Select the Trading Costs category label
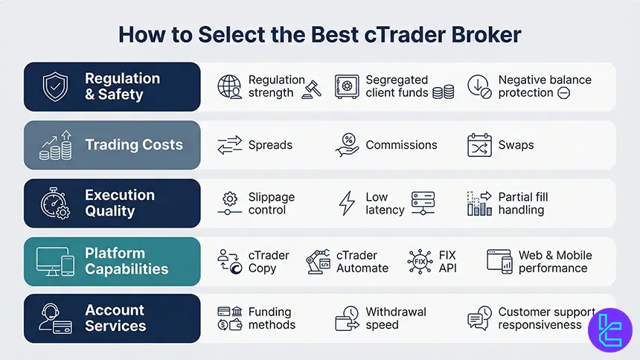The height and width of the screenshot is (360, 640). point(134,145)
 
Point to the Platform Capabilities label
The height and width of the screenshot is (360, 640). point(127,261)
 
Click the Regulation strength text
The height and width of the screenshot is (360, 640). point(276,86)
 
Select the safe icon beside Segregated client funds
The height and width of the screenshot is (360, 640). point(347,86)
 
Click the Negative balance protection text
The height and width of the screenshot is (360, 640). point(544,86)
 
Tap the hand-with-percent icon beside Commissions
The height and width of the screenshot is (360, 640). point(347,145)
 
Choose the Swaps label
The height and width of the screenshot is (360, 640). point(516,145)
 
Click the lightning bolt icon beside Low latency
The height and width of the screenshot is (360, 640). point(347,203)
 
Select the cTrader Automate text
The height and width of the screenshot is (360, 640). point(362,261)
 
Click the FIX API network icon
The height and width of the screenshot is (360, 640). point(420,261)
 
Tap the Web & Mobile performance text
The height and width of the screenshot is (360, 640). point(554,261)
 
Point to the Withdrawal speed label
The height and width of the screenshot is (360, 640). point(395,318)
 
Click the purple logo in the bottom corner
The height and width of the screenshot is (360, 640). point(609,328)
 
